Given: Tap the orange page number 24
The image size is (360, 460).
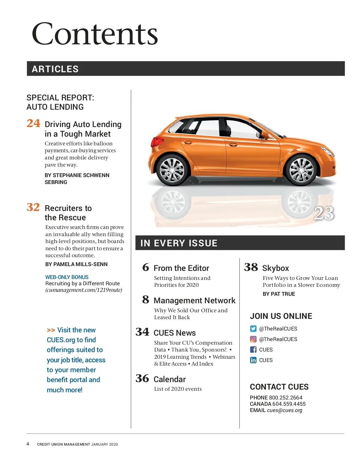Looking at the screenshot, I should pyautogui.click(x=33, y=123).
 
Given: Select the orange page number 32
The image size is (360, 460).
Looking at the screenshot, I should pyautogui.click(x=33, y=207).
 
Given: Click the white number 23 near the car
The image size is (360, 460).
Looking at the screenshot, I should pyautogui.click(x=324, y=213).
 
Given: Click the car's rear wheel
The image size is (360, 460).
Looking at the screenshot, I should pyautogui.click(x=172, y=170).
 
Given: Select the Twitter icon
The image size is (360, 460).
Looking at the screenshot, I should pyautogui.click(x=253, y=329).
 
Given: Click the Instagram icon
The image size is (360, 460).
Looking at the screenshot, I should pyautogui.click(x=253, y=339).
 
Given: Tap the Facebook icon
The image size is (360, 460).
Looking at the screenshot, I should pyautogui.click(x=253, y=350).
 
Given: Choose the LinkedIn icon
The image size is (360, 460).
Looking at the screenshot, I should pyautogui.click(x=253, y=360).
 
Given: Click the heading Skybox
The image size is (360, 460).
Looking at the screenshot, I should pyautogui.click(x=275, y=268).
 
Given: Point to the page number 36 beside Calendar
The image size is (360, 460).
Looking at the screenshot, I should pyautogui.click(x=142, y=378).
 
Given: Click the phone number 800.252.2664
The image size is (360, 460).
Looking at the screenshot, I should pyautogui.click(x=286, y=398).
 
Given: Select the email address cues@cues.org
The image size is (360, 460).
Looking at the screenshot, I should pyautogui.click(x=284, y=410).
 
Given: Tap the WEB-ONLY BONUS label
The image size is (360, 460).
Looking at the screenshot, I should pyautogui.click(x=67, y=277).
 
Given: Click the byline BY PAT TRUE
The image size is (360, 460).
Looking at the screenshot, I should pyautogui.click(x=279, y=294).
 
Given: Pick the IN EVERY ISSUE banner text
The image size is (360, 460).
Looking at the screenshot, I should pyautogui.click(x=179, y=243).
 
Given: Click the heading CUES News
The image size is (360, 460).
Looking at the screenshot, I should pyautogui.click(x=175, y=333).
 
